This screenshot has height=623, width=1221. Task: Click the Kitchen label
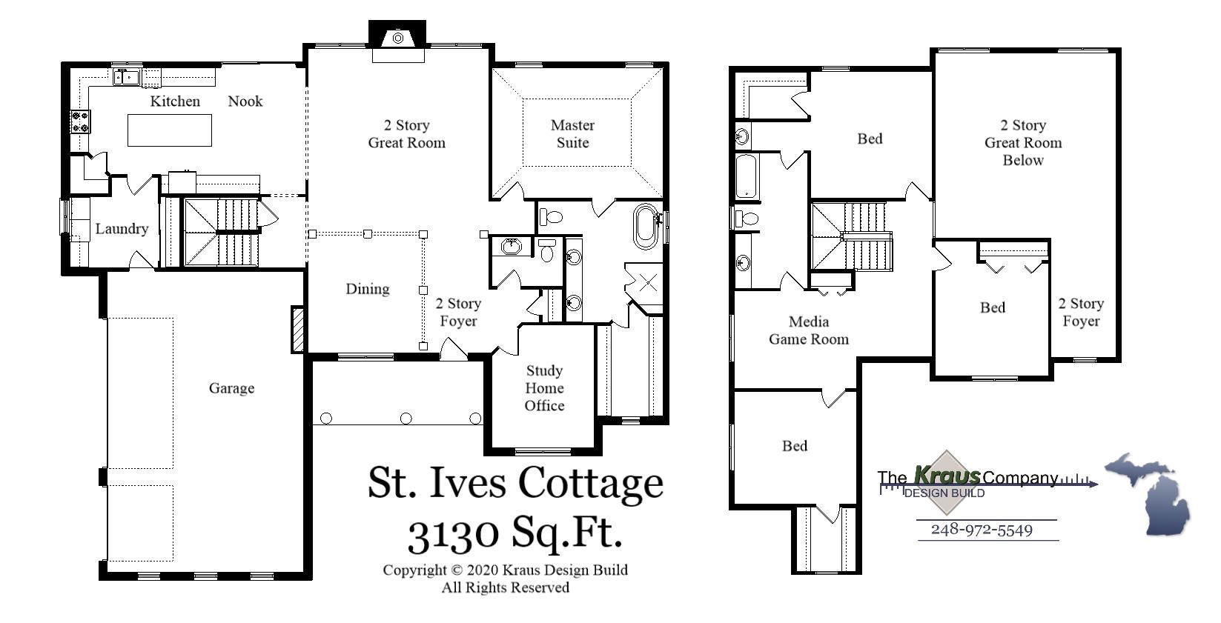(175, 101)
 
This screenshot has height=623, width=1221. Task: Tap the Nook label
(245, 101)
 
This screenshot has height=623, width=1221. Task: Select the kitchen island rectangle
(170, 130)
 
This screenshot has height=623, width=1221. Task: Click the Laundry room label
(121, 229)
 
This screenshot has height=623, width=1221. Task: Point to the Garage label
(231, 388)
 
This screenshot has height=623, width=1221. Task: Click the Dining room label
(367, 289)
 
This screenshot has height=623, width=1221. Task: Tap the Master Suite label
(572, 134)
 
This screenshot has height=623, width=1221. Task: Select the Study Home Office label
(544, 388)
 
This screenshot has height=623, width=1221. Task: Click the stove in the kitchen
(80, 121)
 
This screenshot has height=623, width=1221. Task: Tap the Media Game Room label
(809, 330)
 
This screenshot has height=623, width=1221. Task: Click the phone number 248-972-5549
(982, 530)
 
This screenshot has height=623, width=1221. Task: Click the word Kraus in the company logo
(947, 476)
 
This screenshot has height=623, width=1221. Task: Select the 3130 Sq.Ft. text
(514, 532)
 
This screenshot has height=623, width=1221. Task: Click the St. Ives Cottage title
(515, 482)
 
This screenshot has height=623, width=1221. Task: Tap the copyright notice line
(505, 570)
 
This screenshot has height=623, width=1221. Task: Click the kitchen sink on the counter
(127, 76)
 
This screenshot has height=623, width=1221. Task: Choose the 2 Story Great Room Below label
(1023, 143)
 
